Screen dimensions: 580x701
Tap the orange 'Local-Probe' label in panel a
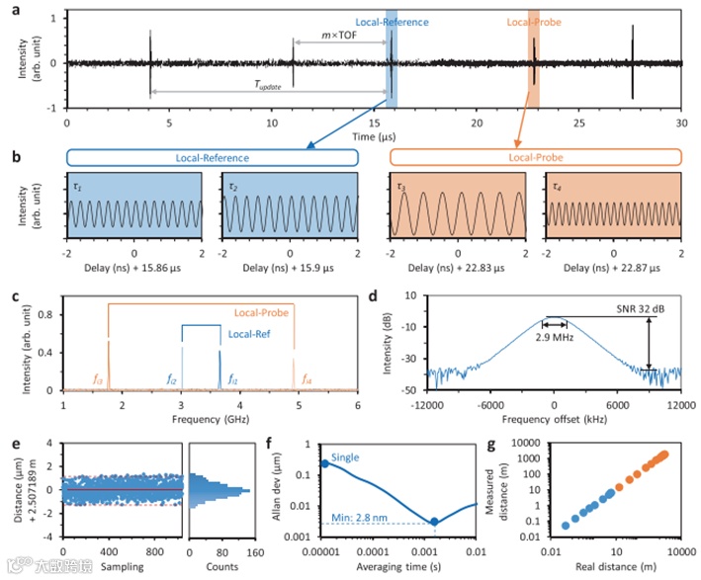pos(534,21)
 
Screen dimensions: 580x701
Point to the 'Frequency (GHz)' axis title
pos(211,419)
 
